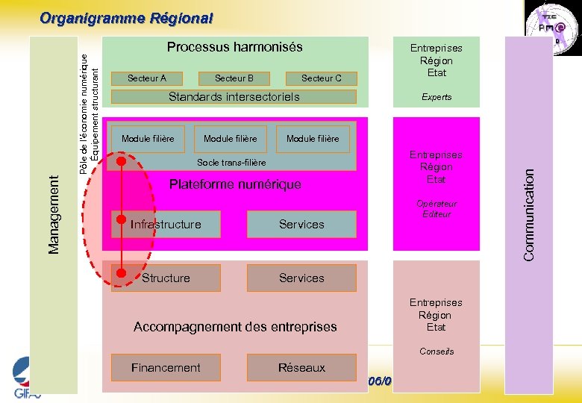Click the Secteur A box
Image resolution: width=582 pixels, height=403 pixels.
click(x=147, y=78)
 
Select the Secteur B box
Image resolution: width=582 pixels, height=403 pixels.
click(x=234, y=78)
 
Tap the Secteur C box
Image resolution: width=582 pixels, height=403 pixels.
click(x=321, y=78)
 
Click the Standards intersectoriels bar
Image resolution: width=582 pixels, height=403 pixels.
click(x=234, y=96)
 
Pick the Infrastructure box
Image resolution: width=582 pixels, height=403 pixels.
click(x=166, y=224)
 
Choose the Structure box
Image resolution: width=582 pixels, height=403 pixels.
click(x=166, y=278)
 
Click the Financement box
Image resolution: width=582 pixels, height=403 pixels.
click(x=166, y=367)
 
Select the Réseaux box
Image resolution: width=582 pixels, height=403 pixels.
click(x=301, y=367)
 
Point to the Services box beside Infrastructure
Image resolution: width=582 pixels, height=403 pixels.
click(x=301, y=224)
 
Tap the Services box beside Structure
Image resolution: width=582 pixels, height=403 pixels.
click(x=301, y=278)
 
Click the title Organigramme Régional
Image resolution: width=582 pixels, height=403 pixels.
click(x=126, y=17)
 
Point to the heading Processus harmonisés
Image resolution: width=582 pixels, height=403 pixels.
click(x=234, y=47)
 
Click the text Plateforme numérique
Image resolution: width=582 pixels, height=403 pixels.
click(x=235, y=184)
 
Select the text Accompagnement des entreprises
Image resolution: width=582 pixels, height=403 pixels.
click(x=235, y=326)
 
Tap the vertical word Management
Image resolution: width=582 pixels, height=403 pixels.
click(x=54, y=213)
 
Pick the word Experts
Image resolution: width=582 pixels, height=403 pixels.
click(x=436, y=97)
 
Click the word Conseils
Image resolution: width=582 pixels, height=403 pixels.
click(x=436, y=351)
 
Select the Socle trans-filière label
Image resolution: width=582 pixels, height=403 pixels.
click(x=231, y=162)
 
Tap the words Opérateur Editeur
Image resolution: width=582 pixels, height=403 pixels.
click(x=436, y=209)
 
